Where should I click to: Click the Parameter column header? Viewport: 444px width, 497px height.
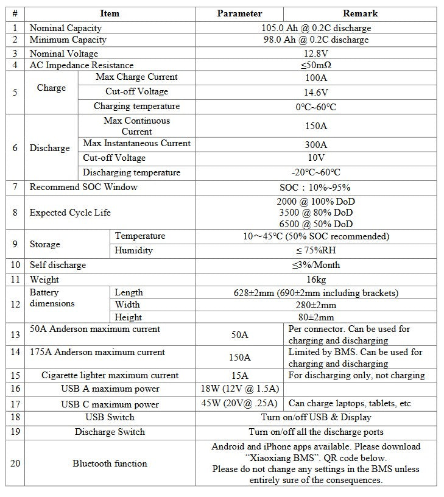[240, 13]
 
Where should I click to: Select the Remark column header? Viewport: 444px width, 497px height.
[361, 13]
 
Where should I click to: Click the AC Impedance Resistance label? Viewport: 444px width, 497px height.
[82, 65]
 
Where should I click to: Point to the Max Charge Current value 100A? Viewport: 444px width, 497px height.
[315, 78]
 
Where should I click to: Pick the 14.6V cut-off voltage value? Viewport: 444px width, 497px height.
[315, 93]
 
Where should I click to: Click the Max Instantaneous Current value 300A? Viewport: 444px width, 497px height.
[315, 145]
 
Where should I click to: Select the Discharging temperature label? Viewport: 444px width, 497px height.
[132, 172]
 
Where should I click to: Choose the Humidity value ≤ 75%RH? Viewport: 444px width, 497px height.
[315, 251]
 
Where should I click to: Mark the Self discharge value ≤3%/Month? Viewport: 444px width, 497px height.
[315, 265]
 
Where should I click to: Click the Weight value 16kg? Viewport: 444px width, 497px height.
[315, 280]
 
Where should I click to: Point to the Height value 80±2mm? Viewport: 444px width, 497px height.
[315, 317]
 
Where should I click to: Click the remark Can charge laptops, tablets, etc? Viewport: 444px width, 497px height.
[350, 403]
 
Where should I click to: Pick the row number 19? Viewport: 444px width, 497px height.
[15, 432]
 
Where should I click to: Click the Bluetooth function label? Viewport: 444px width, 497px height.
[110, 464]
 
